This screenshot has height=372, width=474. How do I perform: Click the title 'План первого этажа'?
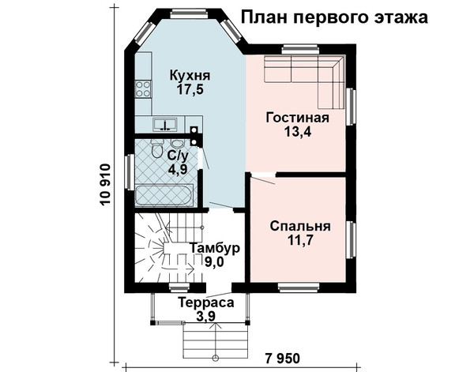[334, 17]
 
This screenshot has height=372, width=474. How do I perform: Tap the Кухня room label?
[190, 76]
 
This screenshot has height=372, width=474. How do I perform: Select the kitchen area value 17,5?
[190, 89]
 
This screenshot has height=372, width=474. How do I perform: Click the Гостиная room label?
[298, 118]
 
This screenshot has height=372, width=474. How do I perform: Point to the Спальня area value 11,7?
[299, 240]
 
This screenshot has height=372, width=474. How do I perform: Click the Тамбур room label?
[215, 248]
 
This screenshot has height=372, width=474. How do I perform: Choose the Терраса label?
[206, 302]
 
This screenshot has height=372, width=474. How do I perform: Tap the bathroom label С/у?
[178, 156]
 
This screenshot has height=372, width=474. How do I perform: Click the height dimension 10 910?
[105, 185]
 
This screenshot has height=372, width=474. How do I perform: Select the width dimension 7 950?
[283, 359]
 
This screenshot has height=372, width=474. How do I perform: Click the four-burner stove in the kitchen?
[143, 89]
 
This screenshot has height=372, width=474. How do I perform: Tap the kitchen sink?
[165, 125]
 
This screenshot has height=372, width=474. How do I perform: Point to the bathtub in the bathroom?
[164, 196]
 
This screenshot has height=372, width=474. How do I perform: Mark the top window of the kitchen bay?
[190, 14]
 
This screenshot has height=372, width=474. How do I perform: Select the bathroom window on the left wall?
[130, 172]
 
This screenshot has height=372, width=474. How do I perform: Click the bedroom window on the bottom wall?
[299, 287]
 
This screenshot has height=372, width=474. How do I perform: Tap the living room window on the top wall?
[300, 49]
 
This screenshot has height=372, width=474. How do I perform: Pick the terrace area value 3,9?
[205, 317]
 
